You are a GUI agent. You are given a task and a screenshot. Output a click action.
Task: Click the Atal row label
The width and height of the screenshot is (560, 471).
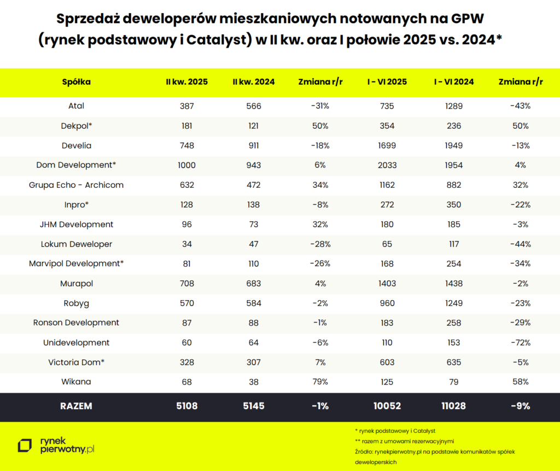[x=76, y=106]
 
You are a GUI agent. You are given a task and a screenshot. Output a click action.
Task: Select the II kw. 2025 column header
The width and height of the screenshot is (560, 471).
[x=186, y=82]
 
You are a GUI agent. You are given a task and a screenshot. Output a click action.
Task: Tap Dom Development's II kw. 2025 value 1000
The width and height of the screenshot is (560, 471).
[x=186, y=165]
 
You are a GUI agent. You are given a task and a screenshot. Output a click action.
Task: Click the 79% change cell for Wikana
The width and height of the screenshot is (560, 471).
[x=320, y=382]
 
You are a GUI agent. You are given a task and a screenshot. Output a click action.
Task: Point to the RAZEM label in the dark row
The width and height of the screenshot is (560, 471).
[x=76, y=406]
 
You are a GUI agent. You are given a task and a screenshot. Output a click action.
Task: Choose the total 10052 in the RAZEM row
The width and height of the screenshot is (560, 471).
[x=387, y=406]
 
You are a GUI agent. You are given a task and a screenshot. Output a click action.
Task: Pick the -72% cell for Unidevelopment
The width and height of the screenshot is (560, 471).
[x=520, y=342]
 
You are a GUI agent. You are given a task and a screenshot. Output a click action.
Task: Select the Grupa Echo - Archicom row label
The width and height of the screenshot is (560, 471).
[x=76, y=185]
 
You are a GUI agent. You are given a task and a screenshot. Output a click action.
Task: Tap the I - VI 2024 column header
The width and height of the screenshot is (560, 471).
[x=454, y=82]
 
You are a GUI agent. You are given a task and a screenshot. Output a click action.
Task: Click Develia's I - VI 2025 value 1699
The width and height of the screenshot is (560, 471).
[x=387, y=146]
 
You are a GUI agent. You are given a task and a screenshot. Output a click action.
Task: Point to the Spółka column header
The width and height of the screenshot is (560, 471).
[x=76, y=82]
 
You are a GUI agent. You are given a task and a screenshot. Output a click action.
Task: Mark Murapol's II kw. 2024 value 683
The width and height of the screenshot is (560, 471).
[x=253, y=284]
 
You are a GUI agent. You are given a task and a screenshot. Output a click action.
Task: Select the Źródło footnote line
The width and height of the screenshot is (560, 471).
[x=432, y=452]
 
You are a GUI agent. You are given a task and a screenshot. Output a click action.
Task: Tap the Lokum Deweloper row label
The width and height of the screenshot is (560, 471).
[x=76, y=244]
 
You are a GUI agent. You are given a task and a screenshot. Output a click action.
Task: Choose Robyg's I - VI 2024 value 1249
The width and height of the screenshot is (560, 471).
[x=454, y=303]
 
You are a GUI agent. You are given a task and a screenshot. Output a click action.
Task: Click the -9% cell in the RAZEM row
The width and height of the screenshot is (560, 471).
[x=520, y=406]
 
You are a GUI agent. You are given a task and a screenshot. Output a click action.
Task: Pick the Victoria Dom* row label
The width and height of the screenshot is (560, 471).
[x=76, y=362]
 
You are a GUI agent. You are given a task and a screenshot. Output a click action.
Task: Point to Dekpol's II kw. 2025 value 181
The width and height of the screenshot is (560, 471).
[x=186, y=126]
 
